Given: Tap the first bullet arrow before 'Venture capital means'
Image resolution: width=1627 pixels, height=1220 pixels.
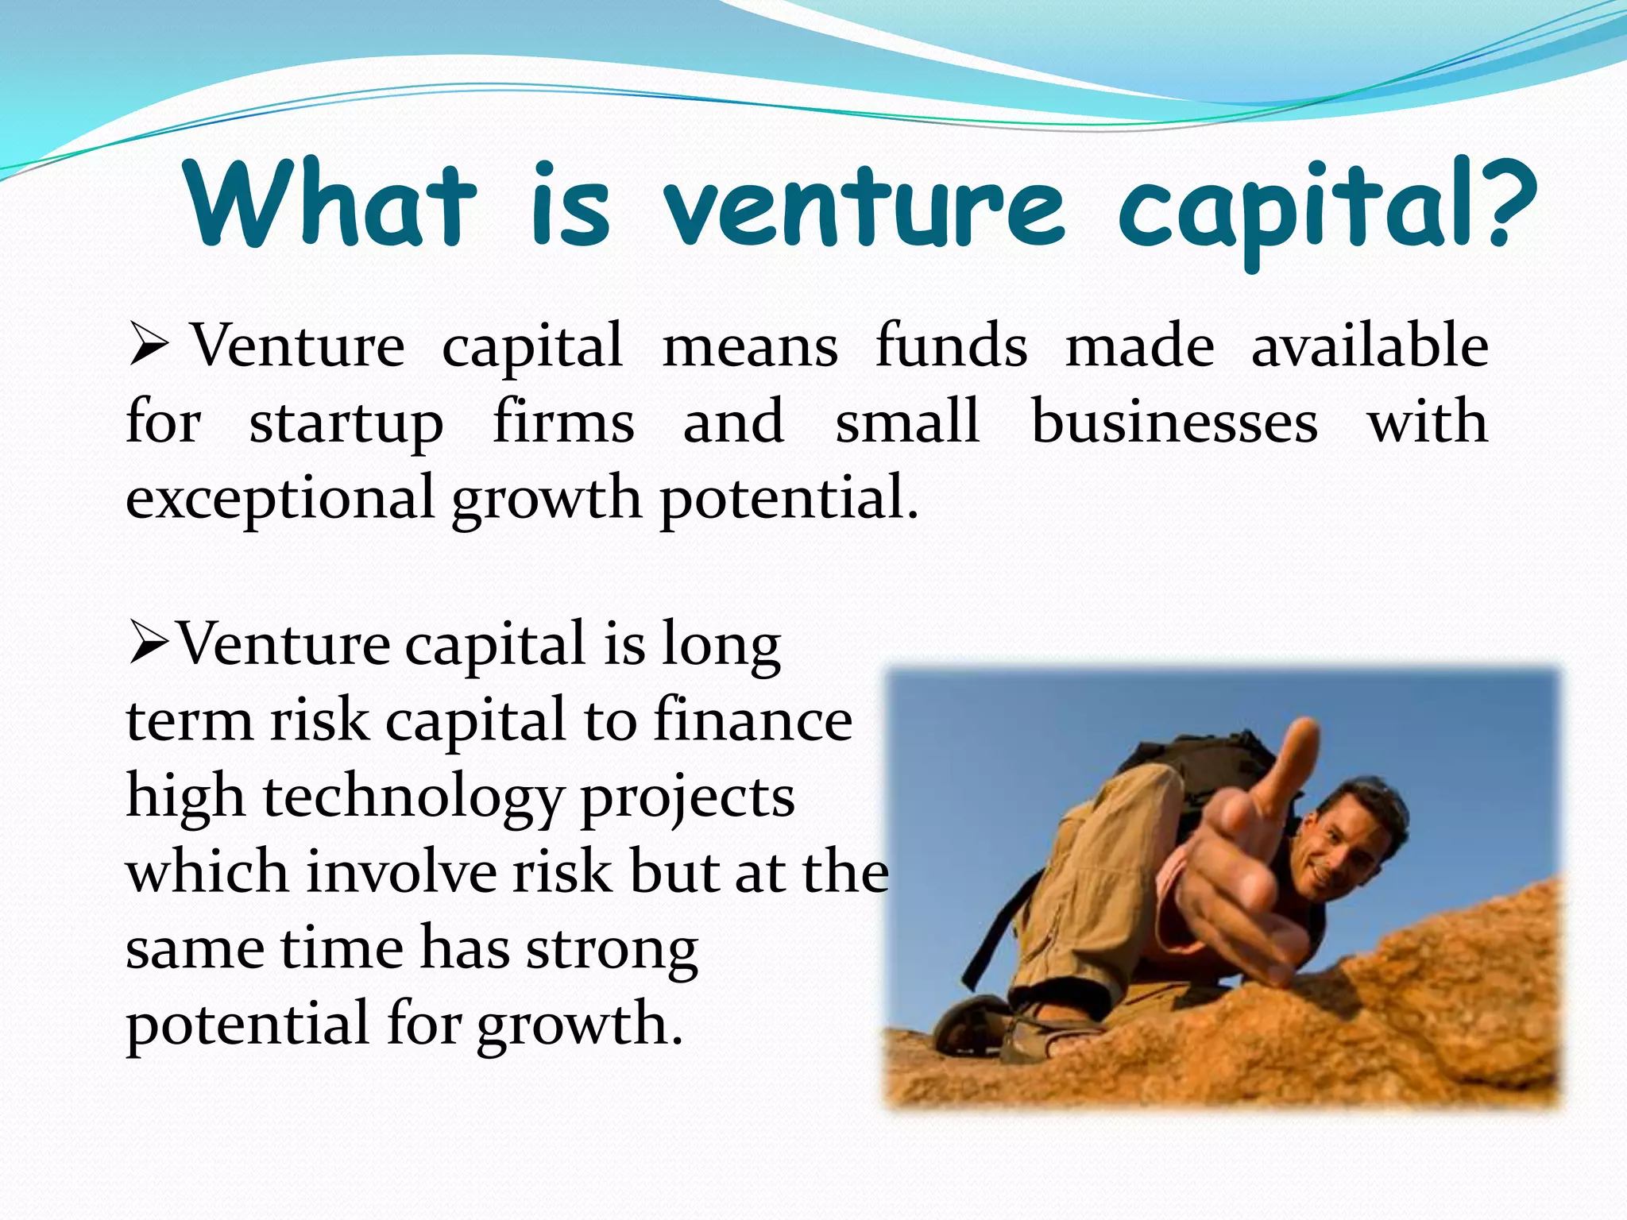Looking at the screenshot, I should [x=149, y=346].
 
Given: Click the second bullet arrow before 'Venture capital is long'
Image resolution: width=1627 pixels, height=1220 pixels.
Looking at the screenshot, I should [x=149, y=644].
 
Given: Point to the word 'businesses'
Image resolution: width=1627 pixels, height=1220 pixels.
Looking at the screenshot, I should [x=1174, y=422].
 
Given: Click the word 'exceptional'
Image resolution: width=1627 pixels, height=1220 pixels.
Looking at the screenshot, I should [x=280, y=498].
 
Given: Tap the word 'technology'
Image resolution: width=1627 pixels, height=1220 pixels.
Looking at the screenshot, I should [x=413, y=798].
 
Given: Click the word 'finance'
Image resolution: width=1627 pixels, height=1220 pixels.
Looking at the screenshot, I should [x=753, y=720].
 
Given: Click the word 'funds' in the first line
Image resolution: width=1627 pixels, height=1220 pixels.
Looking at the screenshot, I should [x=951, y=346].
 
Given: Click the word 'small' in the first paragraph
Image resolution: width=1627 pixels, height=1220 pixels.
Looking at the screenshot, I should [x=906, y=422].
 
